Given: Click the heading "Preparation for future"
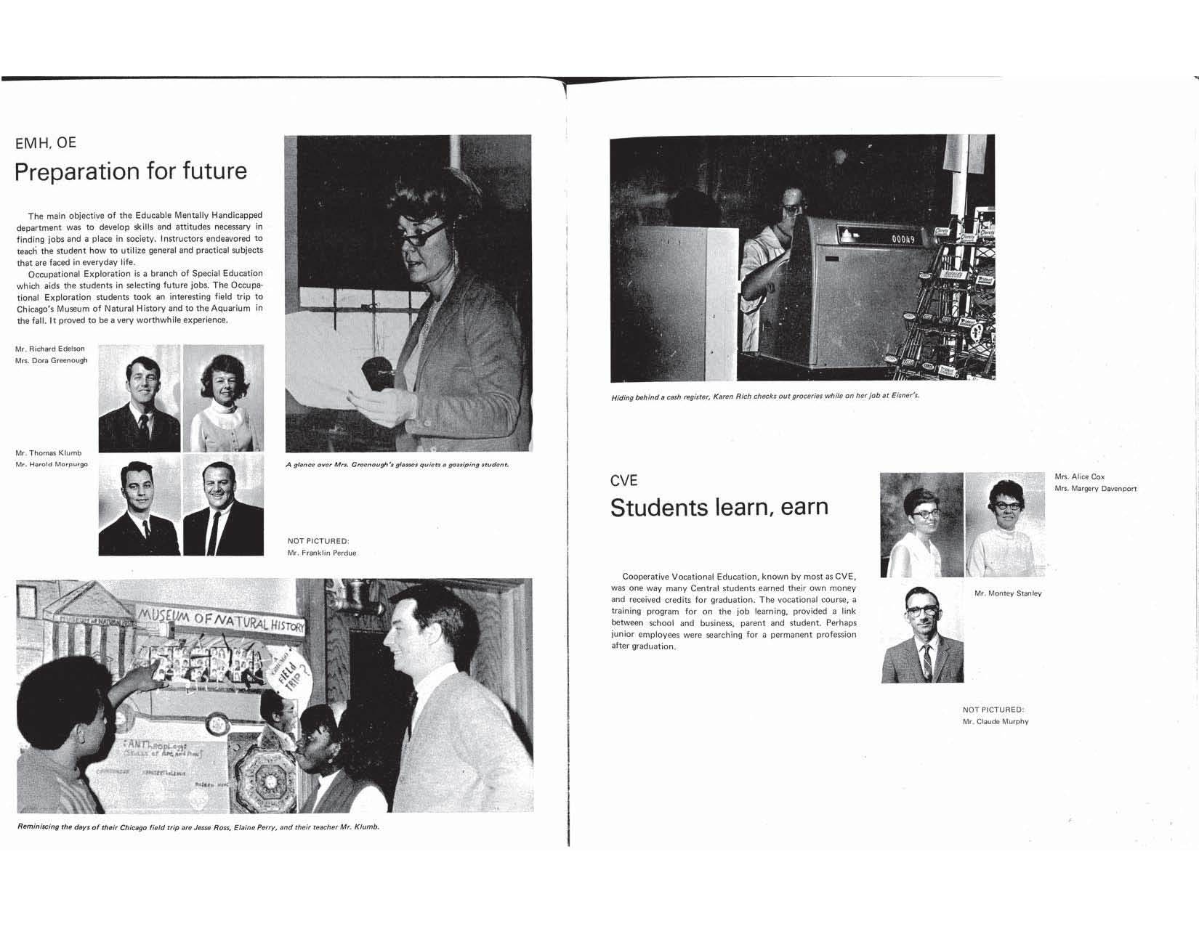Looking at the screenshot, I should pyautogui.click(x=131, y=171).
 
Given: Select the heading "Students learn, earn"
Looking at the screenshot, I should pyautogui.click(x=719, y=507).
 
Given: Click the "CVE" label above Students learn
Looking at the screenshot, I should pyautogui.click(x=623, y=481).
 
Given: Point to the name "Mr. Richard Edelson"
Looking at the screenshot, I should pyautogui.click(x=50, y=349).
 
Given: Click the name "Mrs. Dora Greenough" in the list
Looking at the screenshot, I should pyautogui.click(x=52, y=361).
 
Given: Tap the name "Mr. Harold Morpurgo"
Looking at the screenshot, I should pyautogui.click(x=52, y=465).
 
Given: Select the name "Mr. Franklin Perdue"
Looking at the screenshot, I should pyautogui.click(x=322, y=553).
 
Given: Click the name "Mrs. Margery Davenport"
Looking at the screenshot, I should pyautogui.click(x=1095, y=489).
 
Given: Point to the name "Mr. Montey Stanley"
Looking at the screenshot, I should pyautogui.click(x=1007, y=593).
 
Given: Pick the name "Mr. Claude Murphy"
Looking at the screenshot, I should pyautogui.click(x=996, y=722).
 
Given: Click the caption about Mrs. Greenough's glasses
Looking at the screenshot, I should pyautogui.click(x=397, y=465).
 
